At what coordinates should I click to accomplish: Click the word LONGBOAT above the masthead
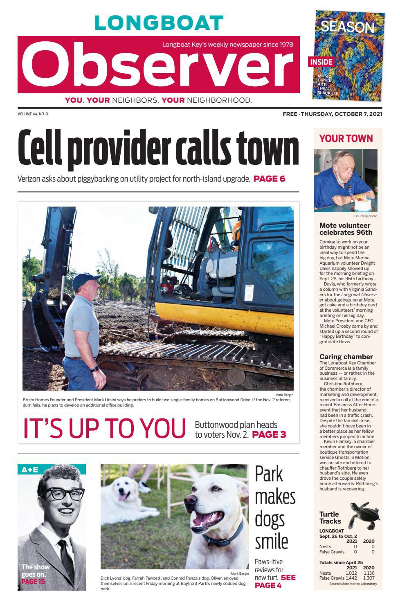159,23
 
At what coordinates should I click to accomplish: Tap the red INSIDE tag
321,62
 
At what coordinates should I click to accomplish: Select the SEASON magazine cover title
347,27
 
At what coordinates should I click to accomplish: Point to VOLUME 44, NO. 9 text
33,114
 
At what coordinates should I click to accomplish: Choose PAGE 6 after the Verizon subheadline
269,179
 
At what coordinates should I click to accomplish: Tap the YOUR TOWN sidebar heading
346,139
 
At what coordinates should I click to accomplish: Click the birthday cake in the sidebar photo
364,202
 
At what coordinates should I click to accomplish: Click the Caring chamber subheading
346,357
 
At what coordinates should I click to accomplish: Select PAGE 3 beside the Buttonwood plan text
269,434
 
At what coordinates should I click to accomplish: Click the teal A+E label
29,470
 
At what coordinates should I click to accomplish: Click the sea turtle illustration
364,516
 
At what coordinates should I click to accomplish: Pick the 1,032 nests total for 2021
351,573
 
